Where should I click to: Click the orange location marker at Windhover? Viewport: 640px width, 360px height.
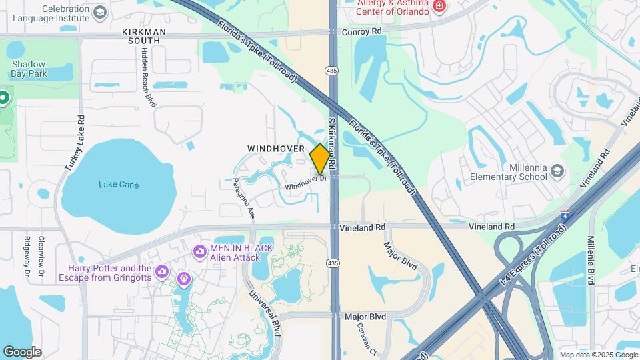click(320, 159)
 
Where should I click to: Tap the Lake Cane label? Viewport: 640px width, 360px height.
click(119, 185)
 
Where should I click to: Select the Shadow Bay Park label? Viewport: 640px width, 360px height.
click(29, 69)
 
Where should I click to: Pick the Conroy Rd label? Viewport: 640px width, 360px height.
click(361, 31)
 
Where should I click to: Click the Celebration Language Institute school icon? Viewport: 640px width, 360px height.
click(99, 13)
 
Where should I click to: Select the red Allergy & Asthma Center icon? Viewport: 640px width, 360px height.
click(439, 7)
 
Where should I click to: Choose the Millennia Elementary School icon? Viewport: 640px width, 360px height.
click(557, 173)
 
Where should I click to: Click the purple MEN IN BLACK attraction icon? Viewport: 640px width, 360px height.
click(199, 252)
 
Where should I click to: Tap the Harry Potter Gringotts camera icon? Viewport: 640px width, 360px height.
click(161, 271)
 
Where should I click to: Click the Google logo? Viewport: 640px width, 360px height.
click(22, 352)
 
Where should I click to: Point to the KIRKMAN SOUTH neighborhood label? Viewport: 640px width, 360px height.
click(141, 36)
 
